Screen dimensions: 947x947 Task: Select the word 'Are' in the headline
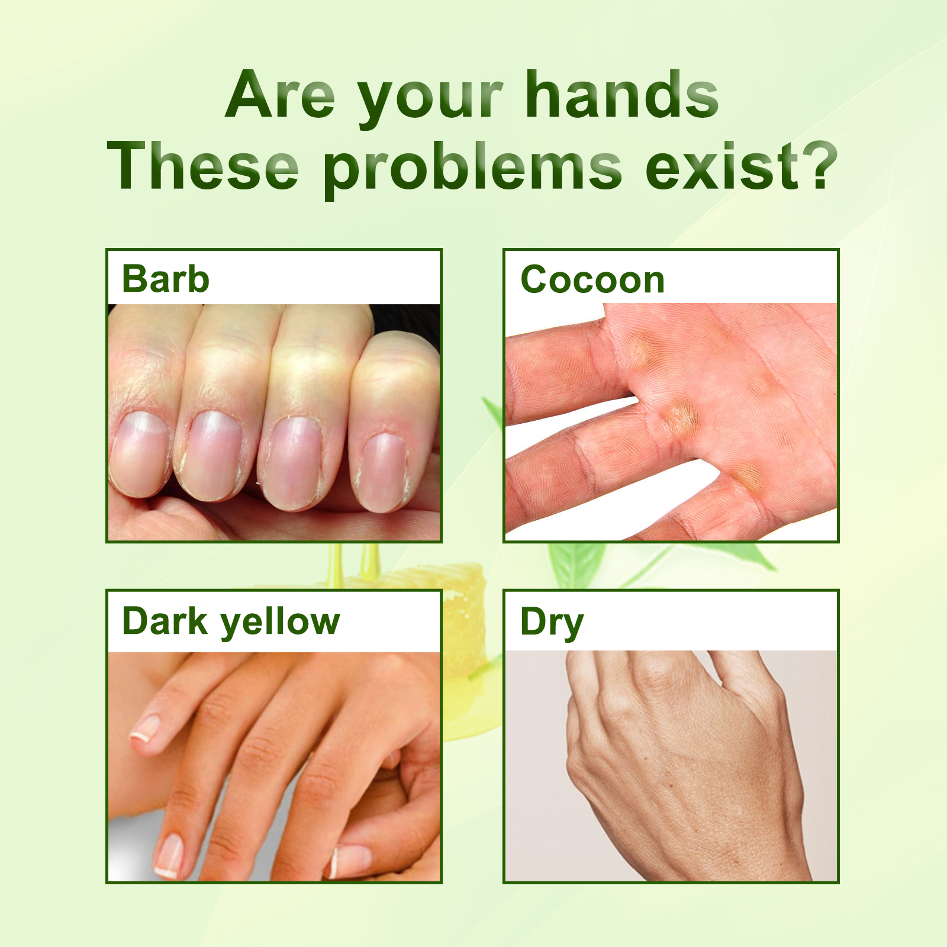click(281, 95)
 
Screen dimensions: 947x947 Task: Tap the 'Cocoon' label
click(592, 279)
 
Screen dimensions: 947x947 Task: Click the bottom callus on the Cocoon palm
click(747, 476)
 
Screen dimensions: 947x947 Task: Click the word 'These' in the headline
click(202, 167)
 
